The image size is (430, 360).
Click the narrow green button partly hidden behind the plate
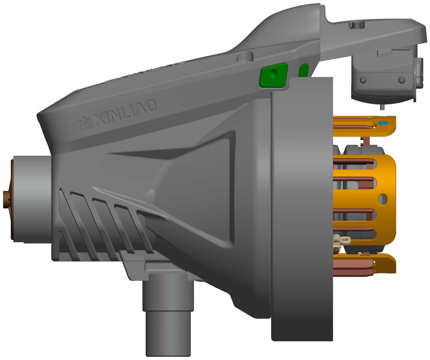point(304,70)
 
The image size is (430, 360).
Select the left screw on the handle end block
point(364,80)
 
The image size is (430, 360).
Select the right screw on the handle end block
point(401,80)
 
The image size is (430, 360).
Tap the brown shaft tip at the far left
point(6,200)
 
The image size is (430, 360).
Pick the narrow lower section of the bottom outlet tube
point(168,334)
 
